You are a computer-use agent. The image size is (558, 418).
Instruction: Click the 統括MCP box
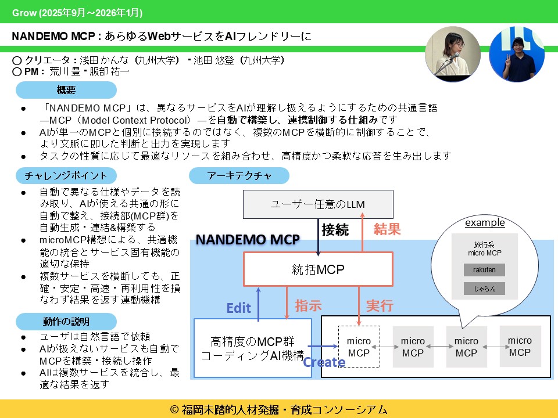[x=318, y=269]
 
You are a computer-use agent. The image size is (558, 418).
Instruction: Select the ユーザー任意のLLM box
[x=317, y=204]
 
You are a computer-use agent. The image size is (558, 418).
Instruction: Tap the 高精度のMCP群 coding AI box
[x=252, y=347]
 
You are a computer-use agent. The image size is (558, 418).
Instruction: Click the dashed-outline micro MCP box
[x=359, y=347]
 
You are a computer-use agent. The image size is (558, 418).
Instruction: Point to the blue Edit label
[x=238, y=308]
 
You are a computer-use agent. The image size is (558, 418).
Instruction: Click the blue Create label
[x=324, y=362]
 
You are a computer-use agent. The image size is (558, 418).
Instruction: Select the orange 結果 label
[x=387, y=229]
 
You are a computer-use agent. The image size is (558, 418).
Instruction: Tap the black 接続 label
[x=335, y=229]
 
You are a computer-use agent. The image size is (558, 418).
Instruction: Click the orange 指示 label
[x=308, y=305]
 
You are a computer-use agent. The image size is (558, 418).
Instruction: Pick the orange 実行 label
[x=380, y=305]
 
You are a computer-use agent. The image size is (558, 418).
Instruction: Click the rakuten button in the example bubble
[x=484, y=270]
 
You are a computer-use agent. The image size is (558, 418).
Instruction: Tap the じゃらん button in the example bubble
[x=484, y=289]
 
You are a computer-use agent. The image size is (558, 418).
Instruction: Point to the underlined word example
[x=485, y=223]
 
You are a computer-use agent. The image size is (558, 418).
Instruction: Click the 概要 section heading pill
[x=66, y=90]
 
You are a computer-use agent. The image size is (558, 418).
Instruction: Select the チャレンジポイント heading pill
[x=66, y=175]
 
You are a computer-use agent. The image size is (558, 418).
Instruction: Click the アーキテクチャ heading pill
[x=239, y=175]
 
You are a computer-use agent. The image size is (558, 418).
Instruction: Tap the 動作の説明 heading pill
[x=66, y=321]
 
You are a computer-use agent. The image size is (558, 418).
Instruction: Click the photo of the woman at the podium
[x=453, y=53]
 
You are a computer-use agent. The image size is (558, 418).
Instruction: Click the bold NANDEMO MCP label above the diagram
[x=248, y=239]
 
